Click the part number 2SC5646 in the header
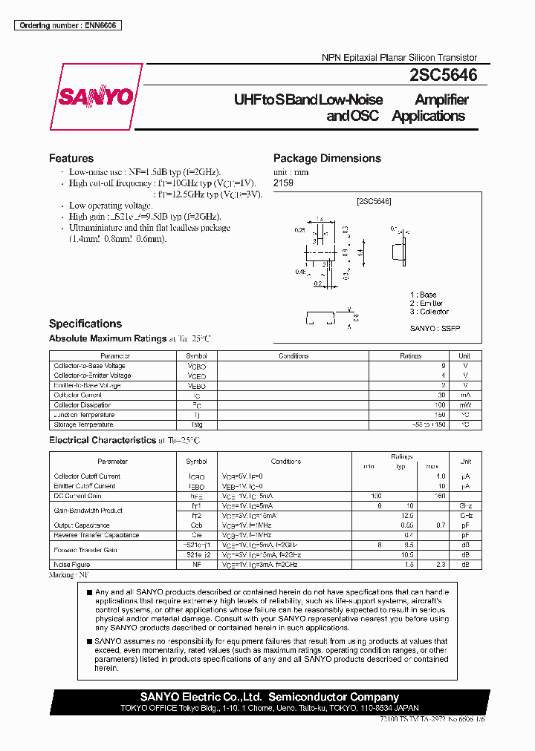444,76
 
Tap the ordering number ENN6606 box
68,25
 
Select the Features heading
71,158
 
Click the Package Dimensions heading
327,158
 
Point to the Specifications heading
85,324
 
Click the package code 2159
283,183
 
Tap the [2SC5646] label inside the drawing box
373,201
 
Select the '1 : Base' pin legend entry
424,295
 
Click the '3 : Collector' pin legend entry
429,312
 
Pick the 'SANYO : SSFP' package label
435,327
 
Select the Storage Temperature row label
83,424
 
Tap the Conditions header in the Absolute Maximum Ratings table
294,356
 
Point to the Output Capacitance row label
81,525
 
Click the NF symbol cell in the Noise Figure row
197,565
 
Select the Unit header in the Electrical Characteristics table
465,462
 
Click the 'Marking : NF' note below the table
69,575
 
